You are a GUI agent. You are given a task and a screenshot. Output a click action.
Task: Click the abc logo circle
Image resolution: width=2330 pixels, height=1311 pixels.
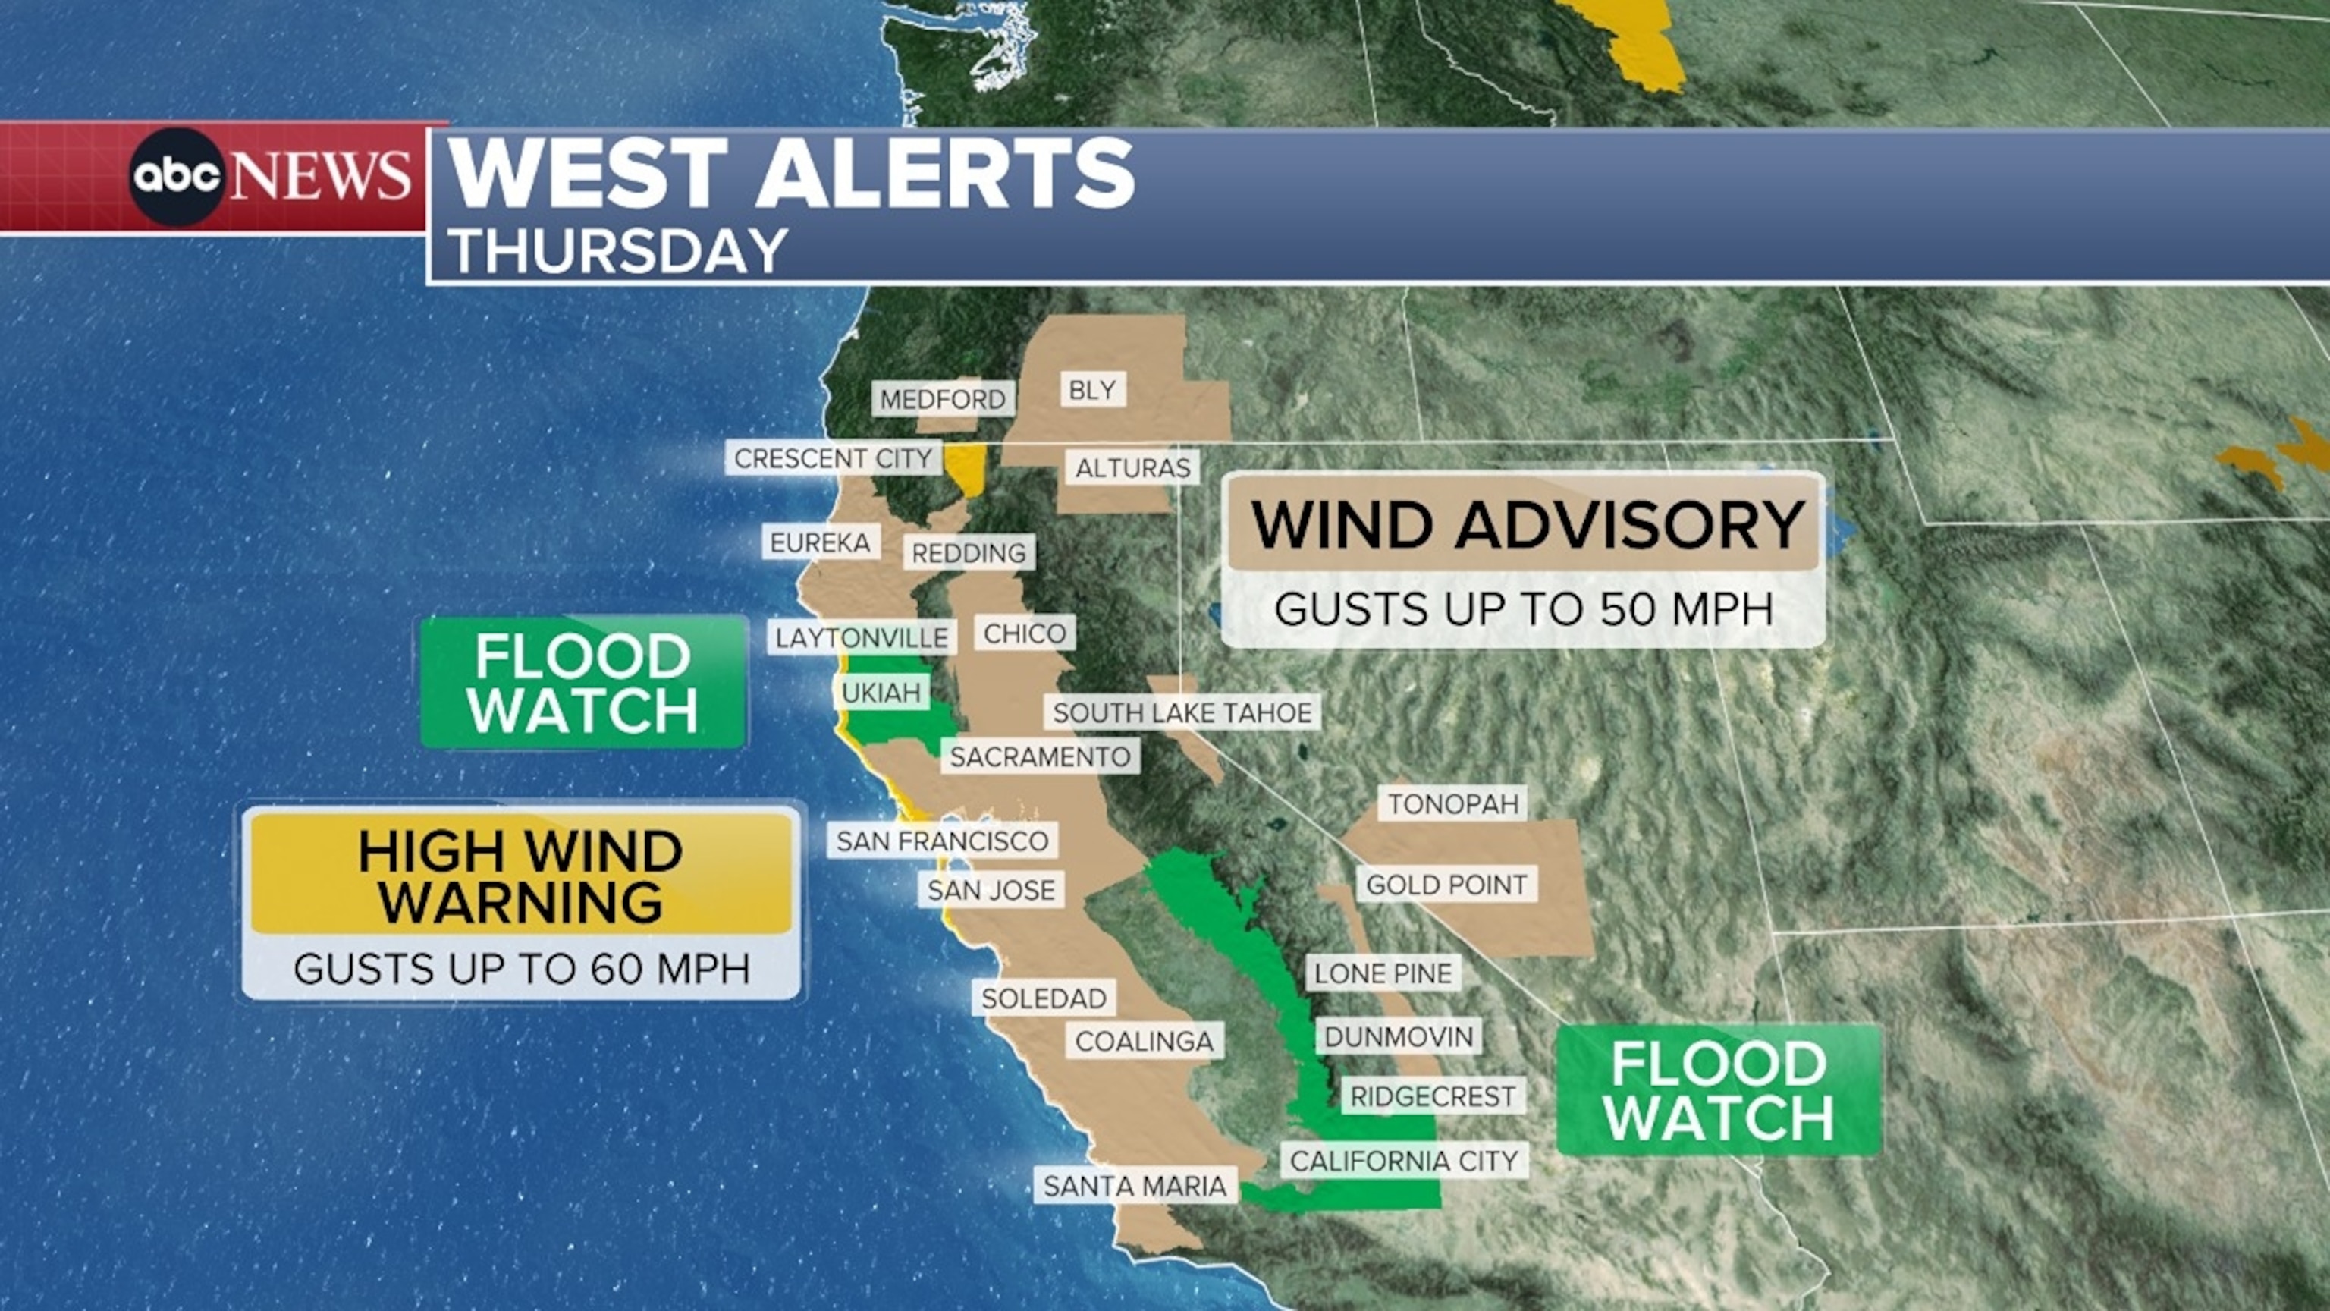(177, 177)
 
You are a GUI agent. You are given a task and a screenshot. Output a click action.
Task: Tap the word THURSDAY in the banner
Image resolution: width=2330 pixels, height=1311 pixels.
(619, 250)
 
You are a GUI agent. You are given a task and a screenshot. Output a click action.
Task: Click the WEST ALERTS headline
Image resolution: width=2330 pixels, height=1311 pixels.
(791, 173)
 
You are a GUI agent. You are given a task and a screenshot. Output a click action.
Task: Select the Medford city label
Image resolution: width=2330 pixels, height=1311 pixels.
(943, 399)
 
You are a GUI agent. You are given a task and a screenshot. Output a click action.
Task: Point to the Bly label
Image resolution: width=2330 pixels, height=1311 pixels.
(1091, 390)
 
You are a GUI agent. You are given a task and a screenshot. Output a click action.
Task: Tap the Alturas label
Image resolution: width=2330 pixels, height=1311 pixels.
(1132, 468)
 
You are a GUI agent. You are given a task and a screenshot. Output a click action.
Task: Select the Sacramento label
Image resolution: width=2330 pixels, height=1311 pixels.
(1040, 756)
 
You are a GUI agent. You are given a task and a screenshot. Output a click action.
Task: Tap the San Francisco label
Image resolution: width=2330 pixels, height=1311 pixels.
(941, 841)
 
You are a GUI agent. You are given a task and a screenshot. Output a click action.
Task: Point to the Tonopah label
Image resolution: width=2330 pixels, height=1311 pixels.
(1452, 803)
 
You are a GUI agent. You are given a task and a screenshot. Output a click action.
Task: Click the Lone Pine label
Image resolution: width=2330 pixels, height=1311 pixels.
(1383, 973)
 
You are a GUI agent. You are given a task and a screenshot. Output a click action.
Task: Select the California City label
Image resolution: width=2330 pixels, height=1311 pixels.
(1404, 1161)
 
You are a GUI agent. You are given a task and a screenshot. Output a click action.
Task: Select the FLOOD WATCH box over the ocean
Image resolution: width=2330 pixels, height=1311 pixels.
(583, 683)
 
